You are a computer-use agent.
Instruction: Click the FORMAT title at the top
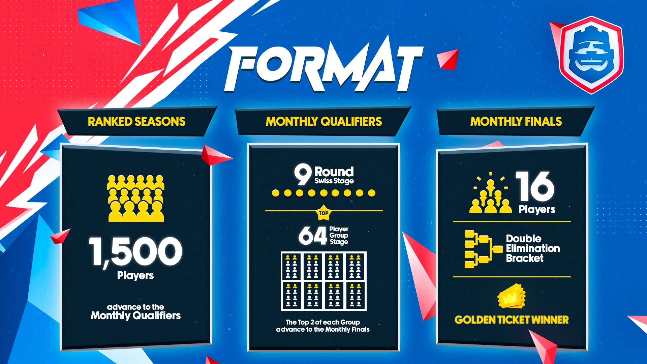323,66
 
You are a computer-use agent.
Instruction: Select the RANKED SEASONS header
136,122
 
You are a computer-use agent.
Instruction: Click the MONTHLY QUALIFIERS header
324,122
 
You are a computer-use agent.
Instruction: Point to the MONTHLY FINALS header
516,122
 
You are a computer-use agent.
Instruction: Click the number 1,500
136,251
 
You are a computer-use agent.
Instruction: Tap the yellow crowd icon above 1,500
136,198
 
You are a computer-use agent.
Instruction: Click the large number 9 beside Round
302,174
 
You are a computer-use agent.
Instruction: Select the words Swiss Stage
334,181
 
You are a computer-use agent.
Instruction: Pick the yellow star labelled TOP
323,213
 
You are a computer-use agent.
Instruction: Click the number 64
312,235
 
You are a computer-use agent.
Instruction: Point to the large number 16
535,186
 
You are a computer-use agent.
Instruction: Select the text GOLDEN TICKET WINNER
512,320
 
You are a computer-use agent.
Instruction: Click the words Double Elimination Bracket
533,248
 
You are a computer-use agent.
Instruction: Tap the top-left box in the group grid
291,266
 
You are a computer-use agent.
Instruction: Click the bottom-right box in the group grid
356,295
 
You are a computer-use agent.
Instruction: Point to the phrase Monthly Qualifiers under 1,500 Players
136,315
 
